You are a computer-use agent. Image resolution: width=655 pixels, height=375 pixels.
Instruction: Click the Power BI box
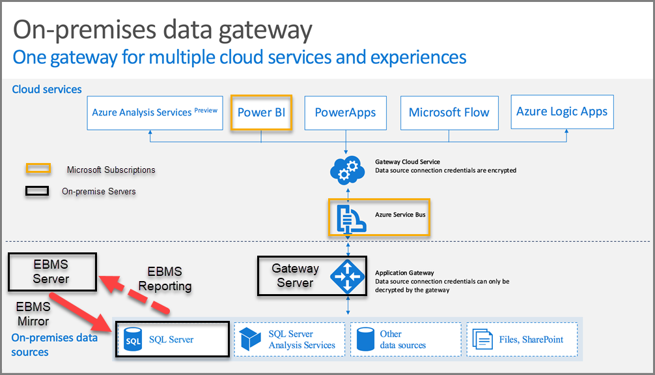coord(261,113)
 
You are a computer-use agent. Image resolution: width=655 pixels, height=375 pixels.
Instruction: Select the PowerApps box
coord(345,113)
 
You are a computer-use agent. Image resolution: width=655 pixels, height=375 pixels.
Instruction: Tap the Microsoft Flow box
coord(449,113)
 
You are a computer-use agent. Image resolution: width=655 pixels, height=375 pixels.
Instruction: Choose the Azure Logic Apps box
coord(562,112)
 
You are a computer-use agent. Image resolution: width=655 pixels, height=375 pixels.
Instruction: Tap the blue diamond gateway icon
coord(346,276)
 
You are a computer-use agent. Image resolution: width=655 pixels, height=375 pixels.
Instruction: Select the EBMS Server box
coord(51,272)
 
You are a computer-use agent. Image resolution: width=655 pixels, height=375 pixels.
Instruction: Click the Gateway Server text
coord(295,276)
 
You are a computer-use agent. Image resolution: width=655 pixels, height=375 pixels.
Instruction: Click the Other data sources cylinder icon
coord(365,338)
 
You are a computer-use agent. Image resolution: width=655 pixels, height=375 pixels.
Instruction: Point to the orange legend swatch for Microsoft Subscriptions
coord(38,170)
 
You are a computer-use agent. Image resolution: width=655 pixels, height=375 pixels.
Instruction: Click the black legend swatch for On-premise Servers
coord(38,192)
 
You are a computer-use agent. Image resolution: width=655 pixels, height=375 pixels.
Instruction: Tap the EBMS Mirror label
coord(33,313)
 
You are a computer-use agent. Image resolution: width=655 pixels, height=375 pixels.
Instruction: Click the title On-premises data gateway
coord(162,29)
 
